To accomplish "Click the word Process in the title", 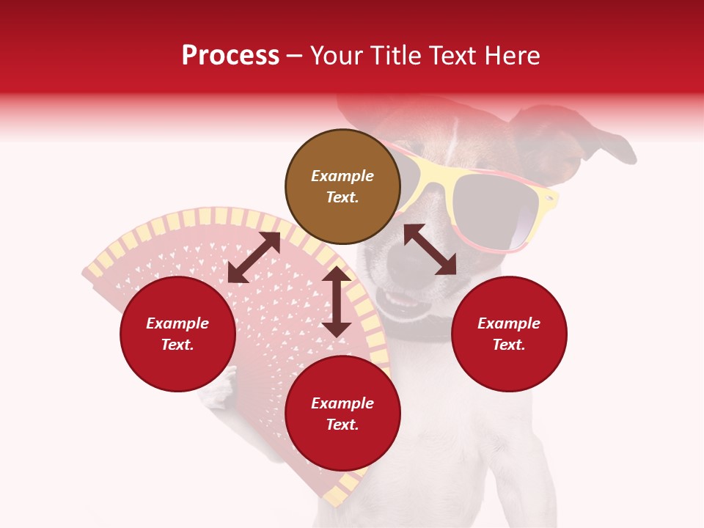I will click(x=230, y=56).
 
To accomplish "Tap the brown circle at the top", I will click(x=342, y=186).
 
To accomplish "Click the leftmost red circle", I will click(x=177, y=334).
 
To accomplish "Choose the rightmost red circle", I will click(x=508, y=334).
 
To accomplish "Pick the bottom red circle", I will click(x=342, y=414).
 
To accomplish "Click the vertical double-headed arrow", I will click(x=337, y=301).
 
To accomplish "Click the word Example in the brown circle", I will click(x=342, y=176).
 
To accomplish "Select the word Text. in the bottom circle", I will click(x=342, y=425).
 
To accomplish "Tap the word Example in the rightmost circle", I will click(x=508, y=323).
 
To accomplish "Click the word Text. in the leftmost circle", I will click(x=177, y=345).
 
